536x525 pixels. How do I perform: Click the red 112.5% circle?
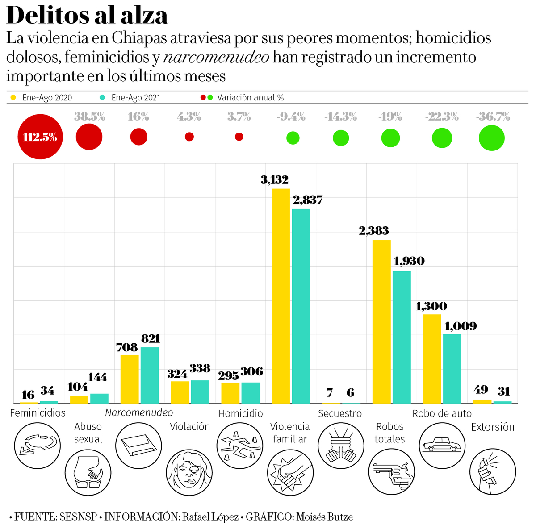tap(40, 137)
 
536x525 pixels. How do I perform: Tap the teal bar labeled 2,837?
tap(301, 306)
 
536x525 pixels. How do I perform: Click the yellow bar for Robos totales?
tap(382, 321)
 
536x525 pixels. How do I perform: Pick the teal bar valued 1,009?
tap(452, 369)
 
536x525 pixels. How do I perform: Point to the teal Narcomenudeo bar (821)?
tap(150, 375)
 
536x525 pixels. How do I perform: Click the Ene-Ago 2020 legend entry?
tap(46, 98)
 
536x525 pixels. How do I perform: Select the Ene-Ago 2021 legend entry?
tap(135, 98)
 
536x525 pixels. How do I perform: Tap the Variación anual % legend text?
tap(250, 98)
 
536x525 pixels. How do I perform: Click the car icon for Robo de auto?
tap(442, 445)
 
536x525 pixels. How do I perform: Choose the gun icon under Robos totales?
tap(392, 471)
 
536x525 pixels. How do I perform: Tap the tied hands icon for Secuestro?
tap(341, 445)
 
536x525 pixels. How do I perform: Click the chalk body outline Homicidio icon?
tap(240, 445)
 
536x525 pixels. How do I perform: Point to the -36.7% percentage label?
tap(493, 117)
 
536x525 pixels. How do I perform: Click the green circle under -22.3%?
tap(442, 138)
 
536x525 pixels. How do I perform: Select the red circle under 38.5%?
tap(89, 137)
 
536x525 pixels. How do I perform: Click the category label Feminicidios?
tap(38, 413)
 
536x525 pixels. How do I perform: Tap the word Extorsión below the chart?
tap(493, 427)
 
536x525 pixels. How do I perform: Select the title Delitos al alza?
tap(88, 15)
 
